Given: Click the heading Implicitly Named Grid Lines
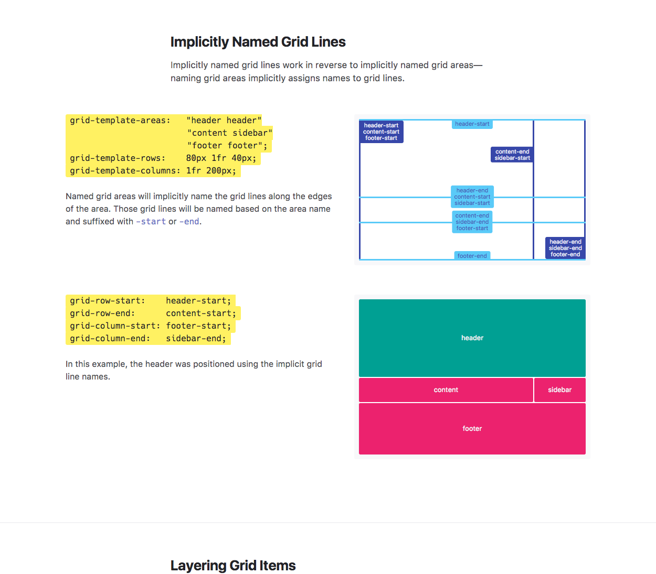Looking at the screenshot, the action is click(x=258, y=42).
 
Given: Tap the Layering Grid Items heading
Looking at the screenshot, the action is click(x=233, y=566).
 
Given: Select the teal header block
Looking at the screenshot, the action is click(x=472, y=338).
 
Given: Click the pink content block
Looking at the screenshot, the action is click(x=446, y=390).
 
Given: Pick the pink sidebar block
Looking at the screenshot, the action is click(x=560, y=390).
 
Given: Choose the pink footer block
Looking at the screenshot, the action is click(x=472, y=429).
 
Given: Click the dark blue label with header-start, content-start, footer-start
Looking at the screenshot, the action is click(x=381, y=132).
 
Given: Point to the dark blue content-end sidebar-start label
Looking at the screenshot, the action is click(x=512, y=155).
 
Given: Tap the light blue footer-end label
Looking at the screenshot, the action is click(x=472, y=256).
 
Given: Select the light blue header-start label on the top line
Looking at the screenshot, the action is click(x=472, y=124).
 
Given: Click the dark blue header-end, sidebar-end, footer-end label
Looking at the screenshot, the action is click(x=565, y=248).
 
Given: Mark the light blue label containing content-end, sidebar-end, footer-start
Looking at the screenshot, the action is click(x=472, y=222).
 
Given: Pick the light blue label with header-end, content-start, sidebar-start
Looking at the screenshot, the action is click(x=472, y=197).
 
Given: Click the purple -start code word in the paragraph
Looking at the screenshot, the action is click(x=151, y=222).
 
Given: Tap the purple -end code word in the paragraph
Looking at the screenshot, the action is click(x=189, y=222).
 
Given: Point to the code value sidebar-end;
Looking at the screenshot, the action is click(x=196, y=338).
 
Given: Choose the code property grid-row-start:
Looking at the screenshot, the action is click(x=108, y=301).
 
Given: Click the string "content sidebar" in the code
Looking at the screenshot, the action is click(x=230, y=133).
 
